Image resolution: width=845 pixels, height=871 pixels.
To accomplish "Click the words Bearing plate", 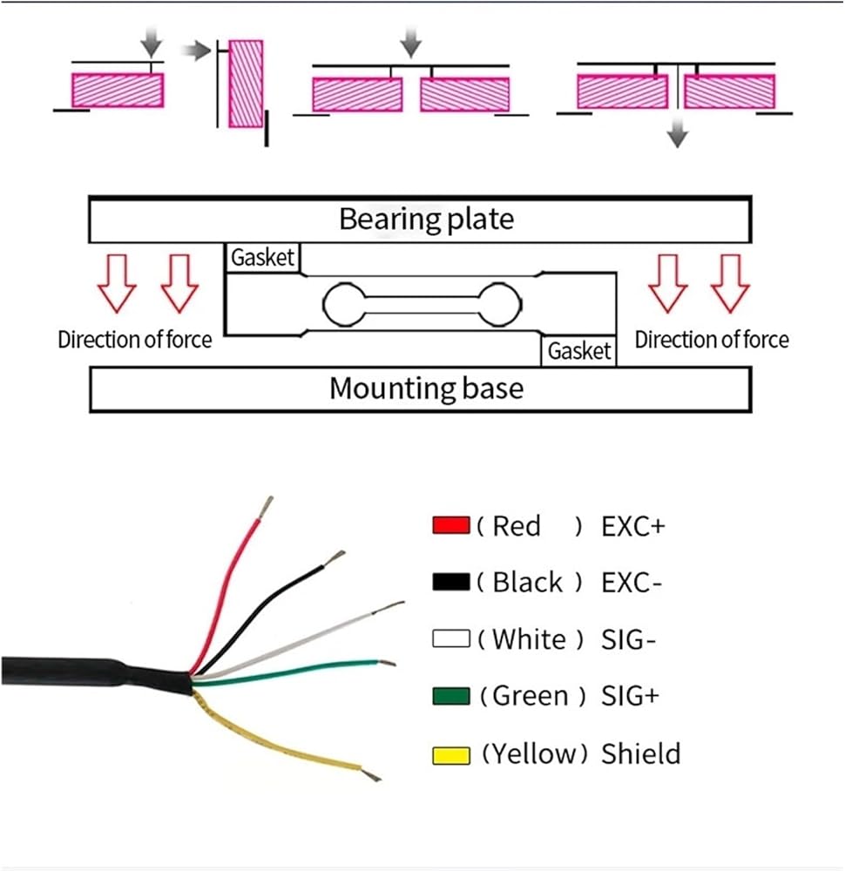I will tap(426, 219).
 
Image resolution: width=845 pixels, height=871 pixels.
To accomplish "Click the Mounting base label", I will tap(426, 388).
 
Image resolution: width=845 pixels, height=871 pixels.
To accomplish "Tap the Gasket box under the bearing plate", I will tap(263, 259).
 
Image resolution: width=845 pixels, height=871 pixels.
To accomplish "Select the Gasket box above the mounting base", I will tap(579, 351).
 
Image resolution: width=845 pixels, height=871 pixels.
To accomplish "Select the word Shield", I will tap(641, 754).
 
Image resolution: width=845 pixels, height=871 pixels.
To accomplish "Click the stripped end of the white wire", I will tap(393, 605).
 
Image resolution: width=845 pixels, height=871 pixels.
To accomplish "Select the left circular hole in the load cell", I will tap(341, 303).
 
